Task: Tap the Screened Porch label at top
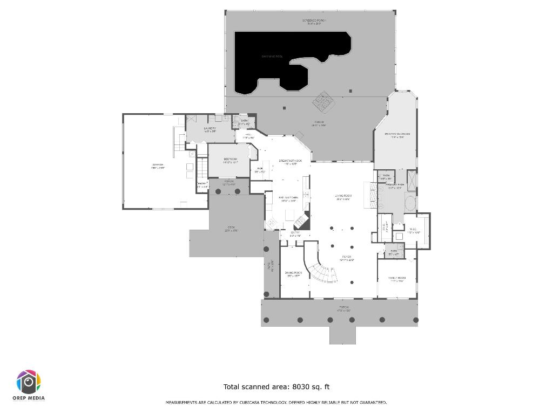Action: tap(314, 21)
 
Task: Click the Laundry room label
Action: tap(210, 129)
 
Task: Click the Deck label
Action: tap(231, 227)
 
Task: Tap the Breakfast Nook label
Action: tap(291, 161)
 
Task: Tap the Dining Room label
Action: tap(293, 273)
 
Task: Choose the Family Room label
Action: tap(397, 278)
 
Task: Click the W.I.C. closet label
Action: tap(414, 230)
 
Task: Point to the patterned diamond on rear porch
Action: tap(324, 101)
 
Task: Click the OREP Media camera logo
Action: tap(29, 382)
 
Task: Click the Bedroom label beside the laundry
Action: tap(230, 159)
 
